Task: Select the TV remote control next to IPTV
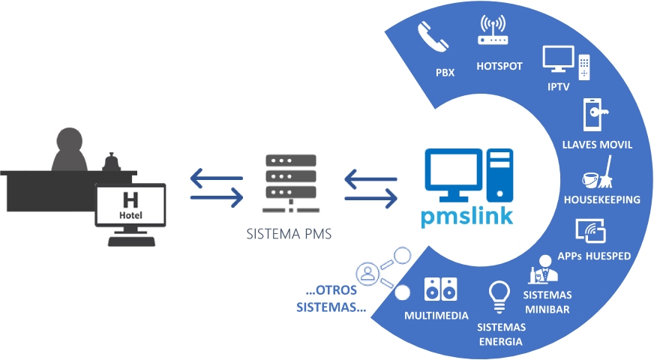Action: (x=584, y=67)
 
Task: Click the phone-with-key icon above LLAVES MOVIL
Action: (x=595, y=115)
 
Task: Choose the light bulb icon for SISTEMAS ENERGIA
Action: (x=499, y=297)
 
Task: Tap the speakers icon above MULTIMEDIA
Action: (x=440, y=289)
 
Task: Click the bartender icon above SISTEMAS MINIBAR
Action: (x=544, y=269)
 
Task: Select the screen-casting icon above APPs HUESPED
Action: (x=590, y=231)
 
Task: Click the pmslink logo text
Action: (x=466, y=216)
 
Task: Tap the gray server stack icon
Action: (x=291, y=183)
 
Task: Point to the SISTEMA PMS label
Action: (x=289, y=234)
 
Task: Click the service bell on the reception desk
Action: (x=111, y=162)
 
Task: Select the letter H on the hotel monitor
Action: (x=130, y=199)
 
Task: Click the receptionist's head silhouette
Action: (x=70, y=140)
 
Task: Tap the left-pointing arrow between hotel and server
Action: (x=217, y=178)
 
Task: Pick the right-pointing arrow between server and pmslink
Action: (x=370, y=198)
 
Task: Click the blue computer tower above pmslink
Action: (x=499, y=175)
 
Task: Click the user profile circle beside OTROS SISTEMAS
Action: (x=367, y=274)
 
